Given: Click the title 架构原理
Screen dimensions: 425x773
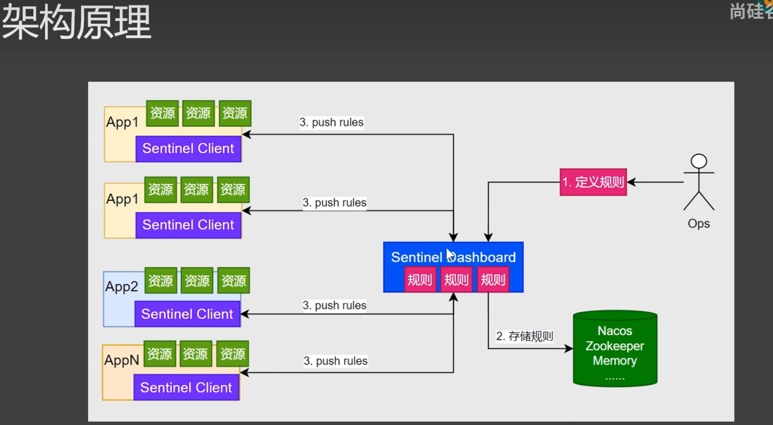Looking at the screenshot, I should coord(76,22).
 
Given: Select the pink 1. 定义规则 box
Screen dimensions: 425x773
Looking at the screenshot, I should coord(593,182).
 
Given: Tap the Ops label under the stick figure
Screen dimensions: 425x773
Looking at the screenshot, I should coord(698,224).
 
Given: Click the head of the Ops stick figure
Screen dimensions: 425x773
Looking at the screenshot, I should coord(699,161).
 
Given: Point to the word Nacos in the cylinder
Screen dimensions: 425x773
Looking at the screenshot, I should coord(615,331).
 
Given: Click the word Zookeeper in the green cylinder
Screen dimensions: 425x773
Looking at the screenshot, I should coord(615,346).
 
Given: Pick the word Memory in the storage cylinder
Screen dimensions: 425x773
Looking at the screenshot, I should coord(615,361).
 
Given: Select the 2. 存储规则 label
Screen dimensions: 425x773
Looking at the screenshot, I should coord(524,336).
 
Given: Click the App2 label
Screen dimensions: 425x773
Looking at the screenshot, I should coord(122,286).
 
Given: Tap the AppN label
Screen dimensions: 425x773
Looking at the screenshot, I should coord(122,360).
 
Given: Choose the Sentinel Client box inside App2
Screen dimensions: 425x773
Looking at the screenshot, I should coord(187,314).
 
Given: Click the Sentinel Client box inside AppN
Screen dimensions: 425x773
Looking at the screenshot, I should coord(186,388).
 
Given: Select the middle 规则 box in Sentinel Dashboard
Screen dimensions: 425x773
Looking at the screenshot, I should coord(456,280).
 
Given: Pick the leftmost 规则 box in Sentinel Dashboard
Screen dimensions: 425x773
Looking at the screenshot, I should coord(420,280).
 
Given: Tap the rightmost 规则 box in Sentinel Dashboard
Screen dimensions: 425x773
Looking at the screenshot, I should coord(493,280).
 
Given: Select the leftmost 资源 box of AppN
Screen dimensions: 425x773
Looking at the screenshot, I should coord(160,354).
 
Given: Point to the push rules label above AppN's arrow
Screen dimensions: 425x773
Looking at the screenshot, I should coord(335,361).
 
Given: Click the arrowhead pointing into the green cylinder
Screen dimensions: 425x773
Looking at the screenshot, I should coord(569,349).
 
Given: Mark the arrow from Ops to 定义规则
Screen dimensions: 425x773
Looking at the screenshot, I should coord(655,182).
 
